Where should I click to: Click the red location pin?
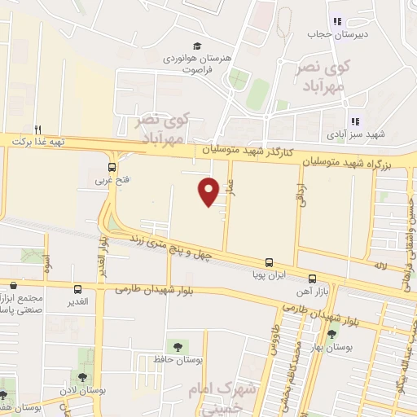[208, 191]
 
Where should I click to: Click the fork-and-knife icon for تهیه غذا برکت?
[37, 129]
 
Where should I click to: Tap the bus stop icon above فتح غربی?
[112, 168]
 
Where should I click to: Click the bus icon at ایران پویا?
[269, 262]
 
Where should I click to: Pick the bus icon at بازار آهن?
[313, 279]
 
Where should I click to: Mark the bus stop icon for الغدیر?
[77, 289]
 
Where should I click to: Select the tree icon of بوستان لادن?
[82, 376]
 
